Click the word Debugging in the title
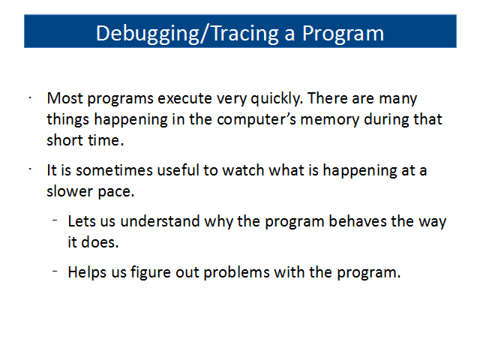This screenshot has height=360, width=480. point(148,34)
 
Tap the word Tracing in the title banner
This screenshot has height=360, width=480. point(245,33)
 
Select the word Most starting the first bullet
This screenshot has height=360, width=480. point(65,98)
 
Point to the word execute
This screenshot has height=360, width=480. point(184,98)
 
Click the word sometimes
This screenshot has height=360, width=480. point(114,170)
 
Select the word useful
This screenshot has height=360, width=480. point(178,170)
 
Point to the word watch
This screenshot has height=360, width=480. point(243,170)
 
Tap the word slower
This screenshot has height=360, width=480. point(70,191)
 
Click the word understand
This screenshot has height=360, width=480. point(160,221)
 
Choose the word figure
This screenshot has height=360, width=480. point(150,272)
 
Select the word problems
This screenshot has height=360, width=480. point(236,272)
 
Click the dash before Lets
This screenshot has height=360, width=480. point(55,220)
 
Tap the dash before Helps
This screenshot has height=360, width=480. point(55,271)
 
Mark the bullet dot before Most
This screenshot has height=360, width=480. point(30,98)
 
